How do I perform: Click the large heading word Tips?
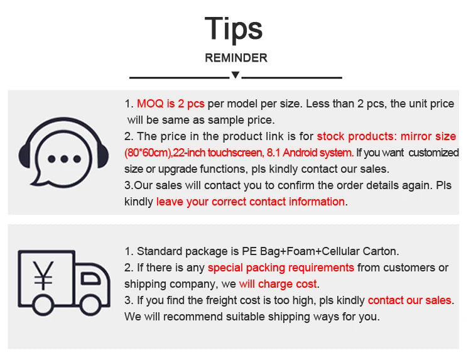pyautogui.click(x=234, y=29)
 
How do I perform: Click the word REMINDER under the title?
pyautogui.click(x=236, y=58)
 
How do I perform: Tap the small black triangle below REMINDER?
pyautogui.click(x=235, y=75)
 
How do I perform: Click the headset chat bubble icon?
pyautogui.click(x=63, y=152)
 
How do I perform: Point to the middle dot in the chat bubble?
pyautogui.click(x=64, y=159)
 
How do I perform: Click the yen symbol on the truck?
pyautogui.click(x=43, y=275)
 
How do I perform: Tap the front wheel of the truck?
pyautogui.click(x=90, y=305)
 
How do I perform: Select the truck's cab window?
pyautogui.click(x=90, y=278)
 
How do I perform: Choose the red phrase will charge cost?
pyautogui.click(x=278, y=284)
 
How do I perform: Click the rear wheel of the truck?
pyautogui.click(x=43, y=305)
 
